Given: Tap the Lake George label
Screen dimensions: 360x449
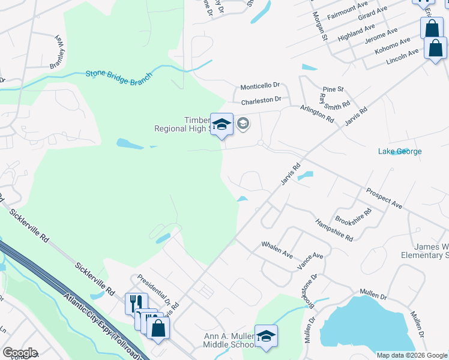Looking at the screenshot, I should tap(400, 151).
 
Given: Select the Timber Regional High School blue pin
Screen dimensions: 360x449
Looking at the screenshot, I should tap(221, 125).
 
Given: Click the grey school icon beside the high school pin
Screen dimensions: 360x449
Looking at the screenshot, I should tap(243, 124).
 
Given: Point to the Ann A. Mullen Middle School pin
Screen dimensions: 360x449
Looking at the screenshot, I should tap(266, 336).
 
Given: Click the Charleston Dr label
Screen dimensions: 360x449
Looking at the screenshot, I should tap(261, 100).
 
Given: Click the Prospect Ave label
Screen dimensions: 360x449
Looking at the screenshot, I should tap(384, 199).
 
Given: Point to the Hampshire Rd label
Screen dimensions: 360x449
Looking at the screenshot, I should tap(334, 230).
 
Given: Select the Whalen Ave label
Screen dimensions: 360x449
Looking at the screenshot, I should tap(277, 250).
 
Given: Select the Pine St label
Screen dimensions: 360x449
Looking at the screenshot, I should tap(333, 89).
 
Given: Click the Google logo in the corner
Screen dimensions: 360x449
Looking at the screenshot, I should tap(20, 353).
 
